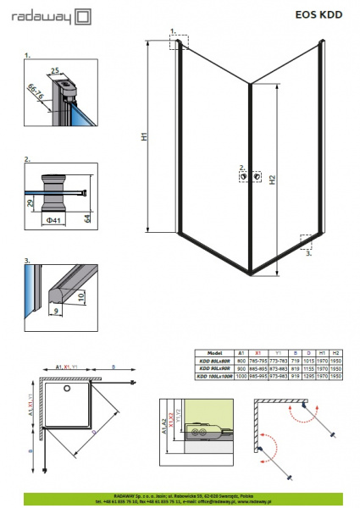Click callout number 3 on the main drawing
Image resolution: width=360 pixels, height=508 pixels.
pos(308,252)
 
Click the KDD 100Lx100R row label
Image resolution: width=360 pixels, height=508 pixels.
pos(214,375)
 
